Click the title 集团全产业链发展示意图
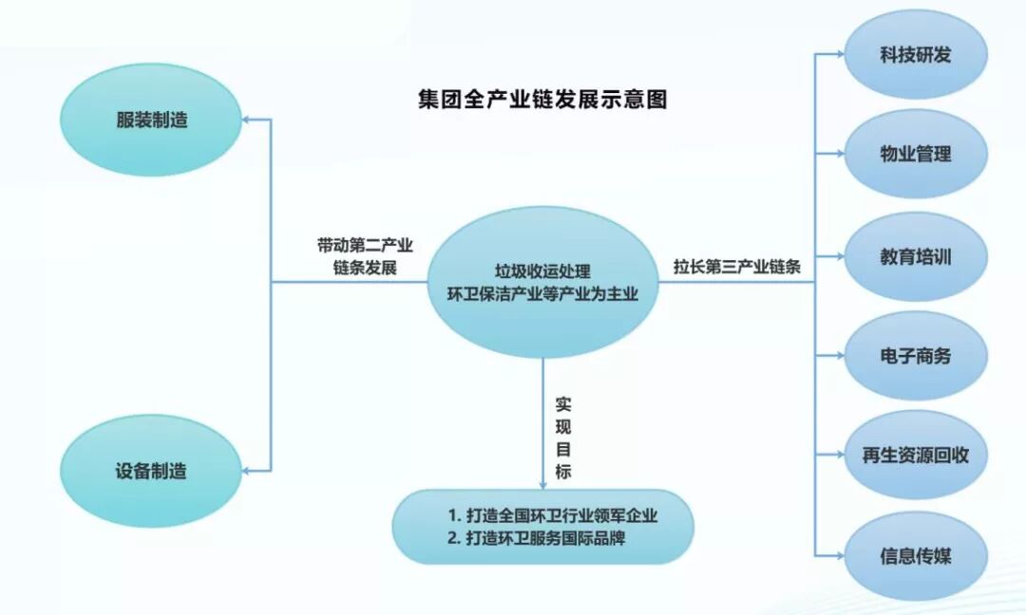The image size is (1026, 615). tap(542, 100)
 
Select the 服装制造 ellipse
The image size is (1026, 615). tap(152, 121)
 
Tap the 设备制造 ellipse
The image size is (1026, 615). tap(152, 471)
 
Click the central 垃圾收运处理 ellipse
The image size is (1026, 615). tap(542, 282)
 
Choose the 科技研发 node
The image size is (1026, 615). tap(915, 55)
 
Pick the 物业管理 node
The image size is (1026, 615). tap(915, 155)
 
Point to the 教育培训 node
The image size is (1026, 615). tap(915, 257)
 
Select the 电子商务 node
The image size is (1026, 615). tap(915, 357)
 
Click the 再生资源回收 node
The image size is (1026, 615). tap(915, 455)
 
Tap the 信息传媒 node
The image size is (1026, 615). tap(915, 556)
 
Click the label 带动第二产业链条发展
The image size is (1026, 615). tap(365, 256)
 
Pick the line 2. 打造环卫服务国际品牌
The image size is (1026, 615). tap(537, 538)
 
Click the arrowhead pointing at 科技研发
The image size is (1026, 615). tap(839, 55)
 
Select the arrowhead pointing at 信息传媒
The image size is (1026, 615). tap(839, 556)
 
